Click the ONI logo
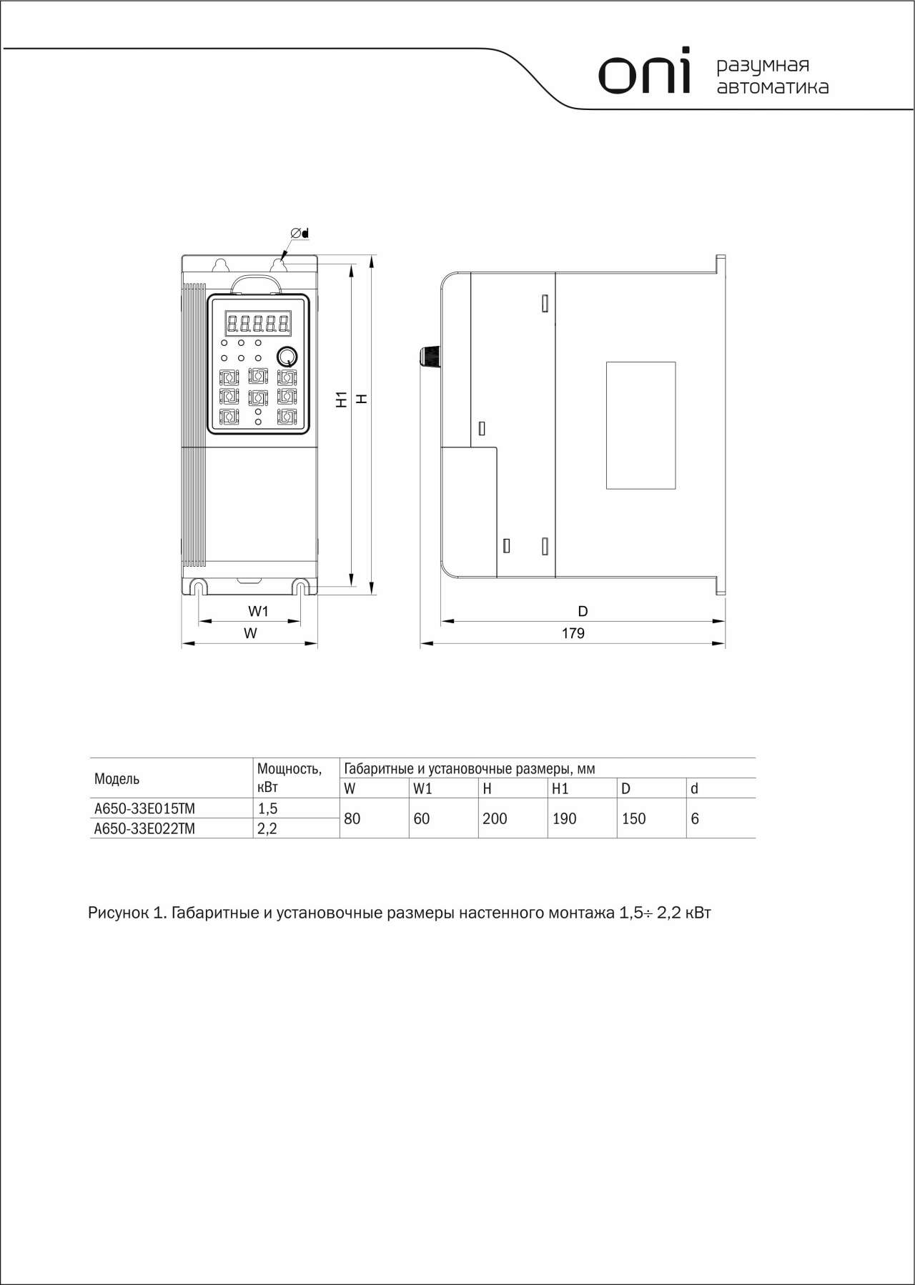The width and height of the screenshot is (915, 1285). point(645,71)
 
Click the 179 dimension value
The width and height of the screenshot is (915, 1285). point(573,633)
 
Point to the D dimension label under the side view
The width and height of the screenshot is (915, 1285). point(583,611)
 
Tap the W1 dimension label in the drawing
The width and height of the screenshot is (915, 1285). point(258,611)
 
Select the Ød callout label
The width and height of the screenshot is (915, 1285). point(299,233)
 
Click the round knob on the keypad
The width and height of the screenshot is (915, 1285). point(287,356)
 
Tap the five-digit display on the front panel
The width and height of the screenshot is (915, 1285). point(258,324)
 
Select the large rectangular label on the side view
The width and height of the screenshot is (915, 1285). point(640,425)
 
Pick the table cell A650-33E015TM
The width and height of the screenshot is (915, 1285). point(145,808)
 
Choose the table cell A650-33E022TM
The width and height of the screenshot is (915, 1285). point(145,828)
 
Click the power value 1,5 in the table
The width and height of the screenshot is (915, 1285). point(267,808)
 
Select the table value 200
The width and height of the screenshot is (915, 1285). point(495,818)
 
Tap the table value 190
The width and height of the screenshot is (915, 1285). point(564,818)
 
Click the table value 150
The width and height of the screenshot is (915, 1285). point(633,818)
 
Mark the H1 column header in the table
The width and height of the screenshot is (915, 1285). point(560,789)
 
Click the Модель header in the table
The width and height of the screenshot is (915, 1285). point(117,778)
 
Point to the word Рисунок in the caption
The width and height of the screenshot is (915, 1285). point(117,913)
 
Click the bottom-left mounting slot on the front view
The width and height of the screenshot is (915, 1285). point(198,587)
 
